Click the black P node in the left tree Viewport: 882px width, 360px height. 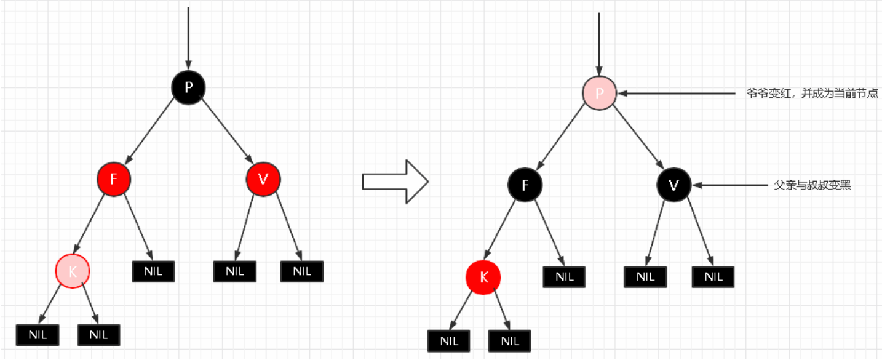point(188,87)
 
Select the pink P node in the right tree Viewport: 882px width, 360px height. point(599,94)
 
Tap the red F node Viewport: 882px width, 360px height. point(114,179)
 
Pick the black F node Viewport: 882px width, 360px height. point(525,185)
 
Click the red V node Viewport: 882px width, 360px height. point(263,179)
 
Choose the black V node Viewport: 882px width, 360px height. point(674,185)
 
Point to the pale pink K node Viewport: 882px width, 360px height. point(73,271)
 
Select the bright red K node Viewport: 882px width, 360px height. point(483,277)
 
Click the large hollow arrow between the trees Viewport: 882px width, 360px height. point(394,181)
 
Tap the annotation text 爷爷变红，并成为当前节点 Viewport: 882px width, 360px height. point(812,94)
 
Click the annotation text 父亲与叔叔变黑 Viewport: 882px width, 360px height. point(812,185)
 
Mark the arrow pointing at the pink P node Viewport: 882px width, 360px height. point(677,94)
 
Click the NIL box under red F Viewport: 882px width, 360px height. point(154,271)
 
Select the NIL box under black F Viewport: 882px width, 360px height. point(564,276)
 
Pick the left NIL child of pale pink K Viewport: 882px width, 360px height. point(38,335)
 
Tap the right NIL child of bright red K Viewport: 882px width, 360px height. point(510,340)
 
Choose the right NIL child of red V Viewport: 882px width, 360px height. point(302,271)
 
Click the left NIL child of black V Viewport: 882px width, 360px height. point(645,276)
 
